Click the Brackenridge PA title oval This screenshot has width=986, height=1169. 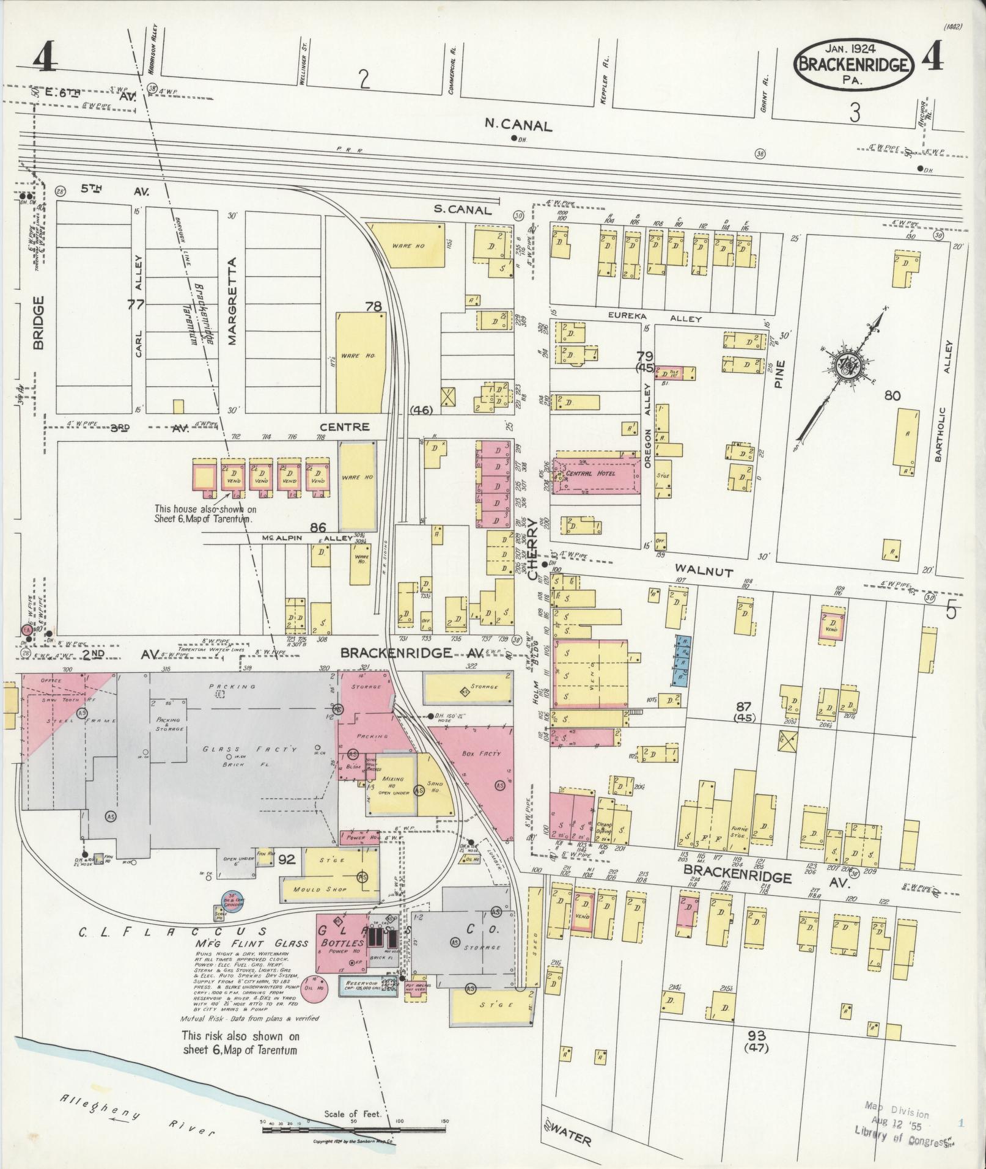854,64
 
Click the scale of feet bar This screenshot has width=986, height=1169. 355,1130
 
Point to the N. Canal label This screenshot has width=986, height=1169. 518,125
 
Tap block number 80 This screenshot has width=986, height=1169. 892,396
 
